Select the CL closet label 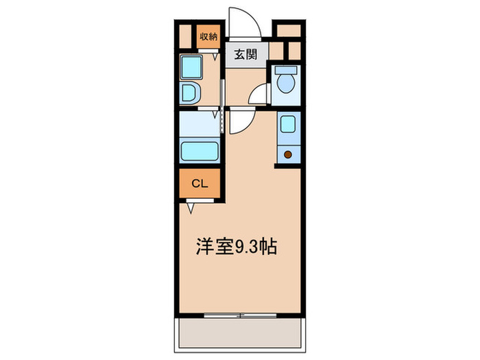click(199, 183)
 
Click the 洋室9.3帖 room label click(237, 248)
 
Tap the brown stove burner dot click(288, 154)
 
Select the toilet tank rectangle click(285, 70)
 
